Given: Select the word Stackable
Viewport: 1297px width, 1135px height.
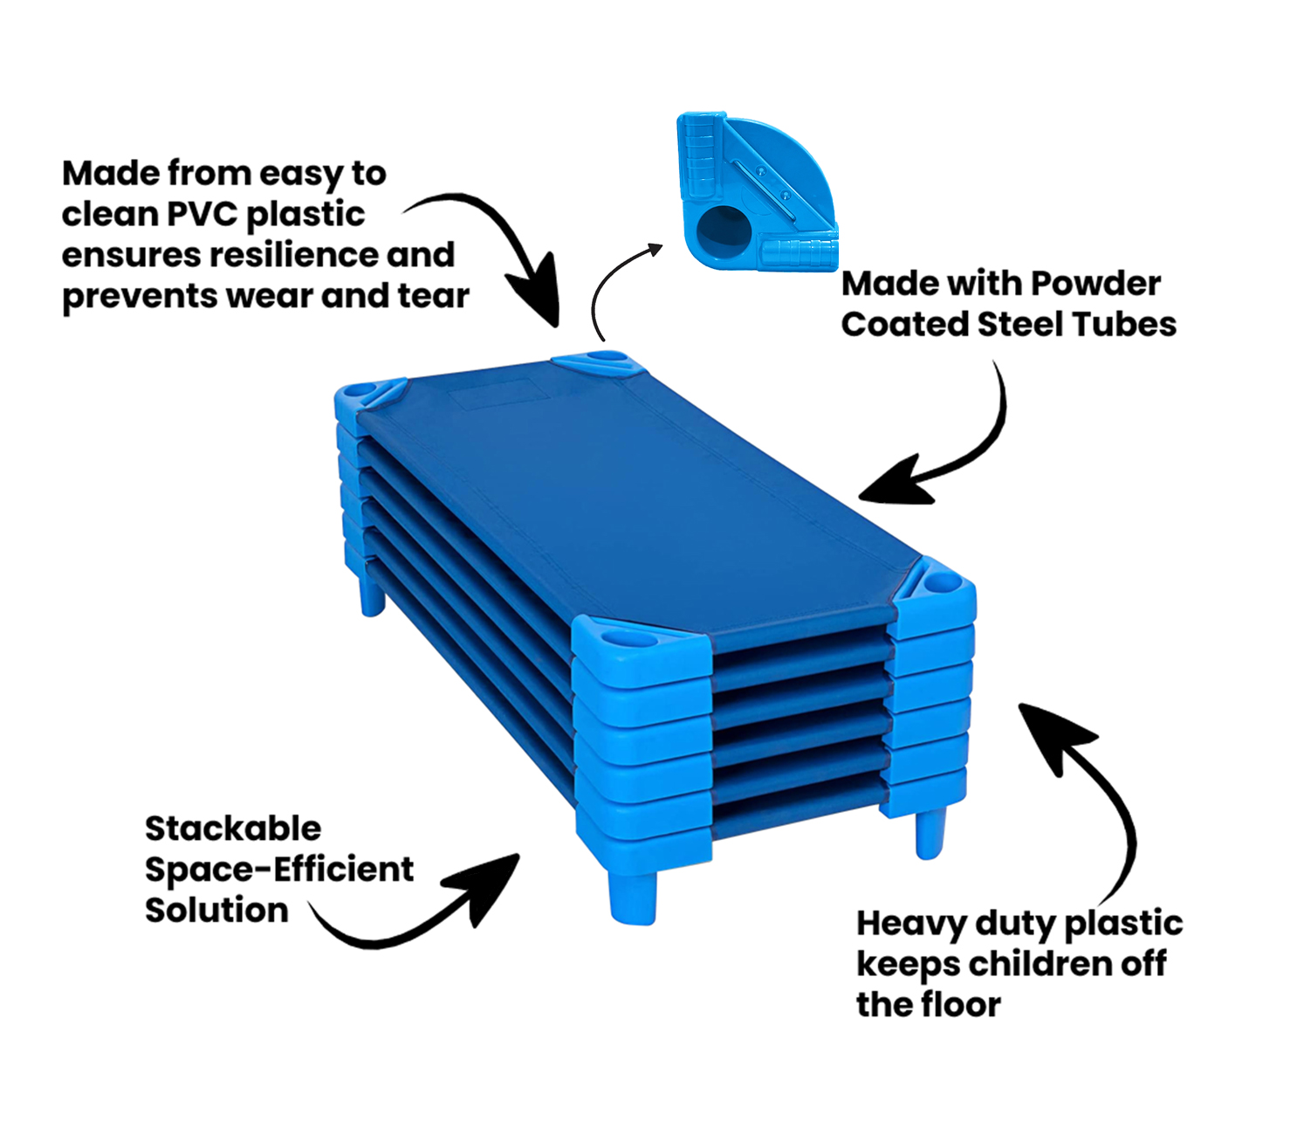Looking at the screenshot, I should (233, 829).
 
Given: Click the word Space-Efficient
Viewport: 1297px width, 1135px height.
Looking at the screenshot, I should (279, 870).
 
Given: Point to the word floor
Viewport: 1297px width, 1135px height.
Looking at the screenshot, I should (961, 1005).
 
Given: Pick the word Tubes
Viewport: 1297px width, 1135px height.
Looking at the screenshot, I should (1124, 325).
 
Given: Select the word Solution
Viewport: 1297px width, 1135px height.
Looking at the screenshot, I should (216, 911).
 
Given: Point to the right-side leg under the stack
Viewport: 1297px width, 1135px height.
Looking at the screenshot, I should (930, 834).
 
